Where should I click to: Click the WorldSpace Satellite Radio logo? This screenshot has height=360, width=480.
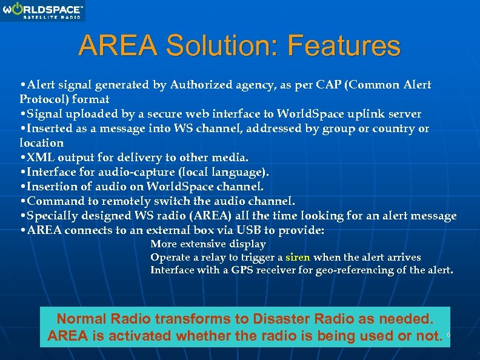tap(43, 11)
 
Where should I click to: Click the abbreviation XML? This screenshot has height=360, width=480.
tap(41, 158)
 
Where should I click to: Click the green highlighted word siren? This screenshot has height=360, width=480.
tap(298, 258)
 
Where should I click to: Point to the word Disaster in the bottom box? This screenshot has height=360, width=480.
tap(270, 319)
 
